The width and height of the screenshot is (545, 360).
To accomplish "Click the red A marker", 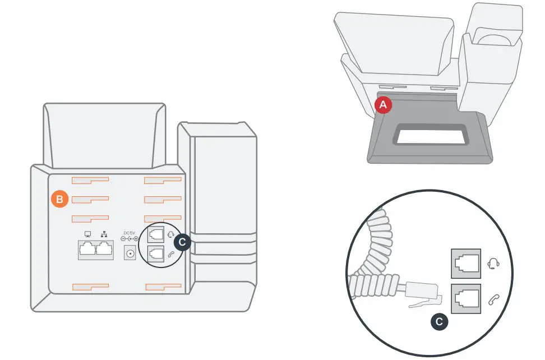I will click(383, 105).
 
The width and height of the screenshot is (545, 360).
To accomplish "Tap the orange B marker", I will click(59, 199).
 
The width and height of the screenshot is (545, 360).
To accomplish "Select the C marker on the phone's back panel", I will click(182, 242).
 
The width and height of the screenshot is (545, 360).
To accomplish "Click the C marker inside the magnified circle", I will click(439, 322).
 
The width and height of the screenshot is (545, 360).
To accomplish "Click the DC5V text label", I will click(130, 233).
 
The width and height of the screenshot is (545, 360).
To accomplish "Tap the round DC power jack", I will click(130, 254).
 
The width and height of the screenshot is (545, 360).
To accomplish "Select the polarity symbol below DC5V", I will click(130, 239).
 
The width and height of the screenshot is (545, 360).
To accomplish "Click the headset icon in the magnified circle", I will click(493, 263).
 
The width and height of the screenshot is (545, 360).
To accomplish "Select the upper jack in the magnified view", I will click(466, 263).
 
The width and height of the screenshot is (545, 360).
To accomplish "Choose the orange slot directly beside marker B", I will click(90, 200).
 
